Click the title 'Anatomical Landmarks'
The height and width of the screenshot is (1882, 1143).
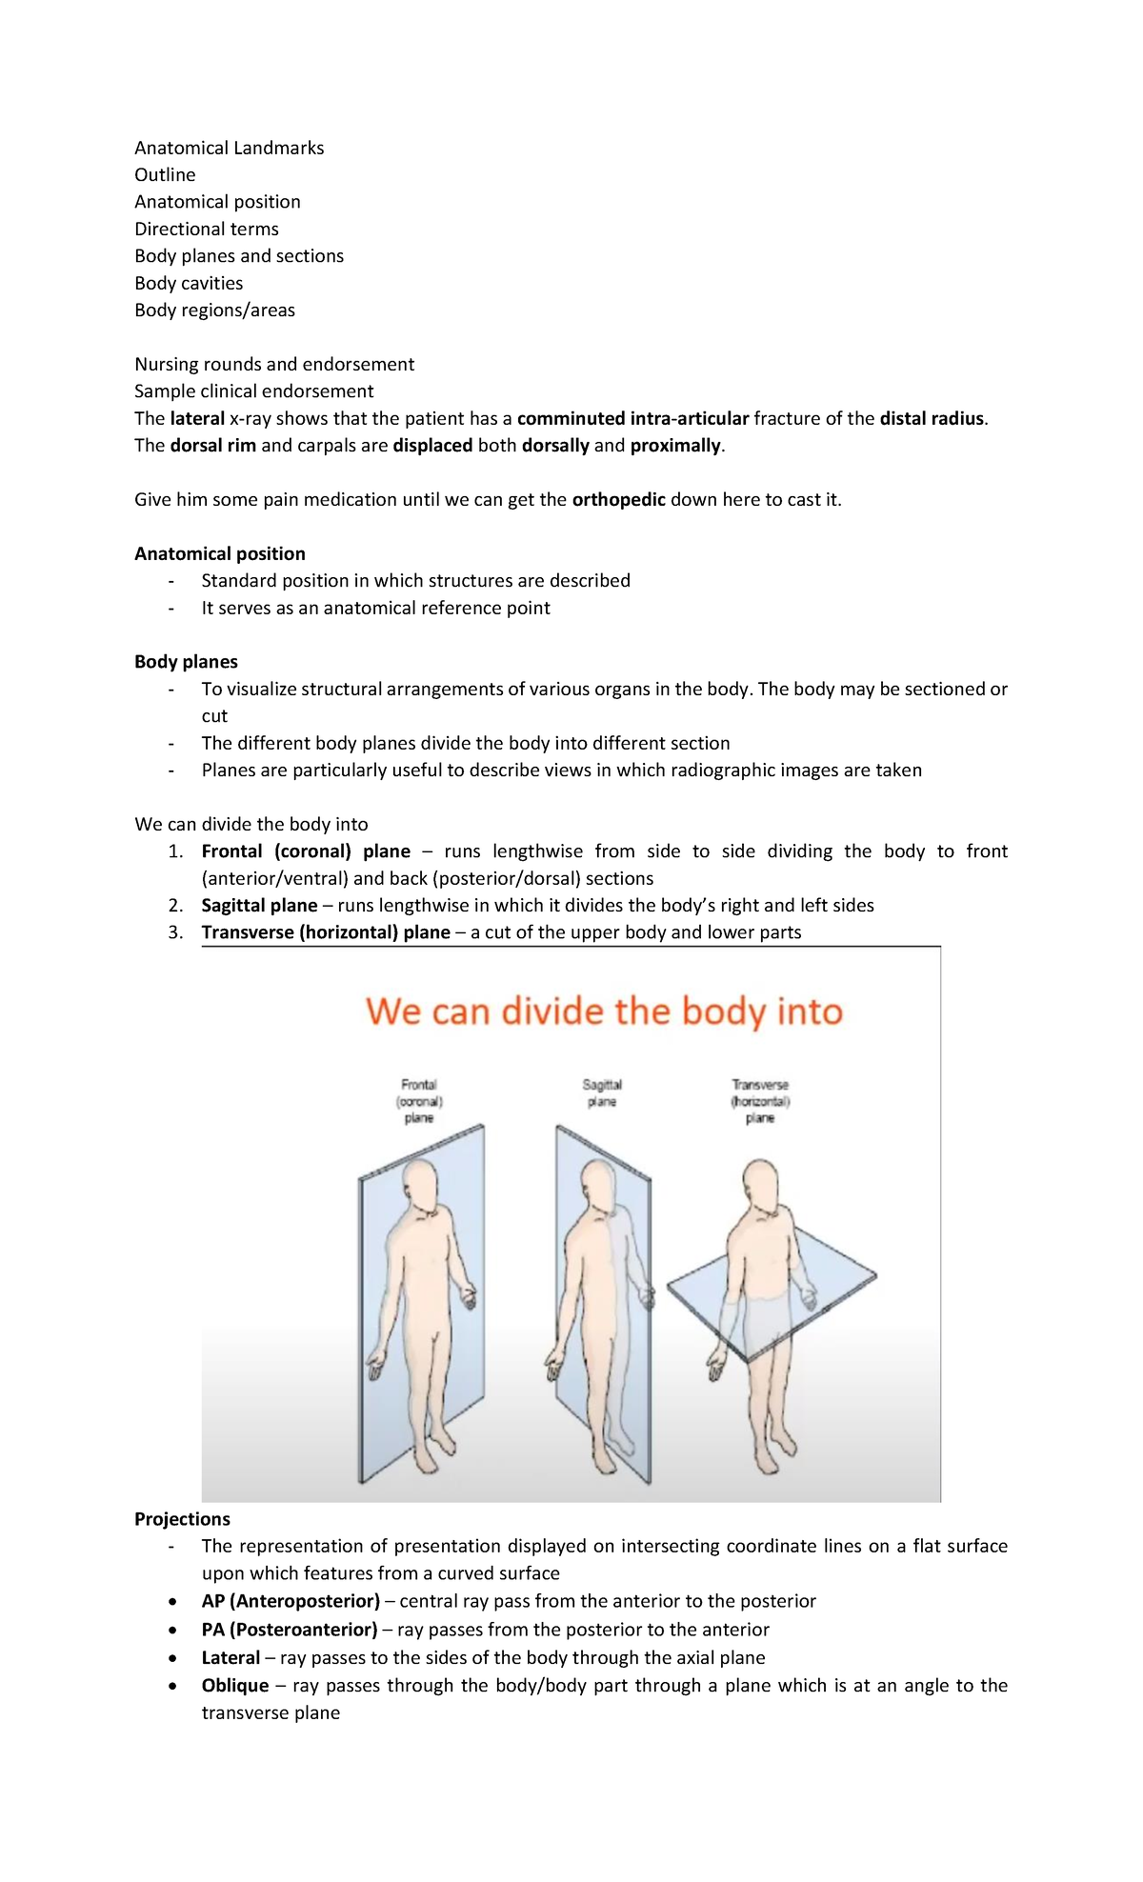pyautogui.click(x=229, y=148)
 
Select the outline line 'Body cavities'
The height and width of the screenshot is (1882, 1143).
pyautogui.click(x=189, y=283)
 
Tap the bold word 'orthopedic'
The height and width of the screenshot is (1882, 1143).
pyautogui.click(x=618, y=499)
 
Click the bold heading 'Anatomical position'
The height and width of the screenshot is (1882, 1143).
pyautogui.click(x=220, y=553)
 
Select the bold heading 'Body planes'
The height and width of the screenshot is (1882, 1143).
pyautogui.click(x=186, y=661)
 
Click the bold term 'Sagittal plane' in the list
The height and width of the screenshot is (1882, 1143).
pyautogui.click(x=259, y=905)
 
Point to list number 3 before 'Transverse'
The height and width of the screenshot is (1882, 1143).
pyautogui.click(x=175, y=932)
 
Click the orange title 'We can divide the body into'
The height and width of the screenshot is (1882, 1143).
pyautogui.click(x=604, y=1011)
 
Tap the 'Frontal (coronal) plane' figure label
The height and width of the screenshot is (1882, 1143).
pyautogui.click(x=419, y=1101)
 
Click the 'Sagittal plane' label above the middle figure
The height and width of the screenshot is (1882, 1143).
pyautogui.click(x=602, y=1092)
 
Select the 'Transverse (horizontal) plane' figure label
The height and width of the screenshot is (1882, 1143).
pyautogui.click(x=760, y=1101)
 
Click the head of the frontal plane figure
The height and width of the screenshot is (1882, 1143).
pyautogui.click(x=420, y=1186)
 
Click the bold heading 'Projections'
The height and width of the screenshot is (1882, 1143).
pyautogui.click(x=182, y=1519)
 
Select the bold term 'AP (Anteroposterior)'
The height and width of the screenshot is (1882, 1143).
pyautogui.click(x=291, y=1601)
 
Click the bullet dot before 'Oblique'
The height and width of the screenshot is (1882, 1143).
pyautogui.click(x=171, y=1686)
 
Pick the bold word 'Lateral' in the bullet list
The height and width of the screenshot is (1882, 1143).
pyautogui.click(x=231, y=1657)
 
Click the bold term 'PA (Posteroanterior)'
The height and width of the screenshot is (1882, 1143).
pyautogui.click(x=290, y=1630)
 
